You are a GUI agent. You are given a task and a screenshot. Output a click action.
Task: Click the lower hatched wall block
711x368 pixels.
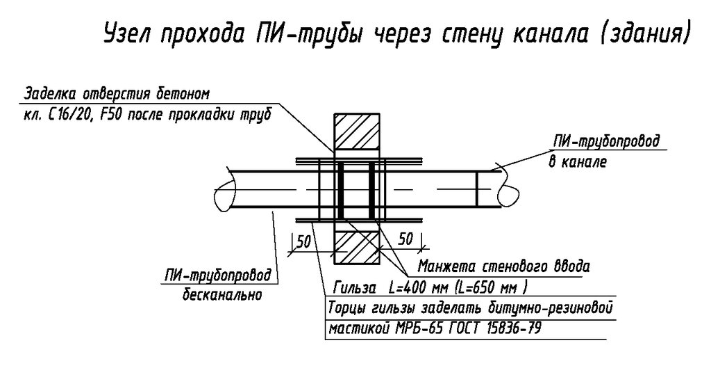tap(357, 247)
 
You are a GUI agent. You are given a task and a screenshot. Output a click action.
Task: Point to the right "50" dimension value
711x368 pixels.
tap(406, 238)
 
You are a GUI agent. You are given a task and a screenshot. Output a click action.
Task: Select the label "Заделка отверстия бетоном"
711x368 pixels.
tap(116, 93)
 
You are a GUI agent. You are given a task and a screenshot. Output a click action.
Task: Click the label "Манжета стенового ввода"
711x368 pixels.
tap(503, 266)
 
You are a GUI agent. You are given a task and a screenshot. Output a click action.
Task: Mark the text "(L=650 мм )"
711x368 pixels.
tap(490, 287)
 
